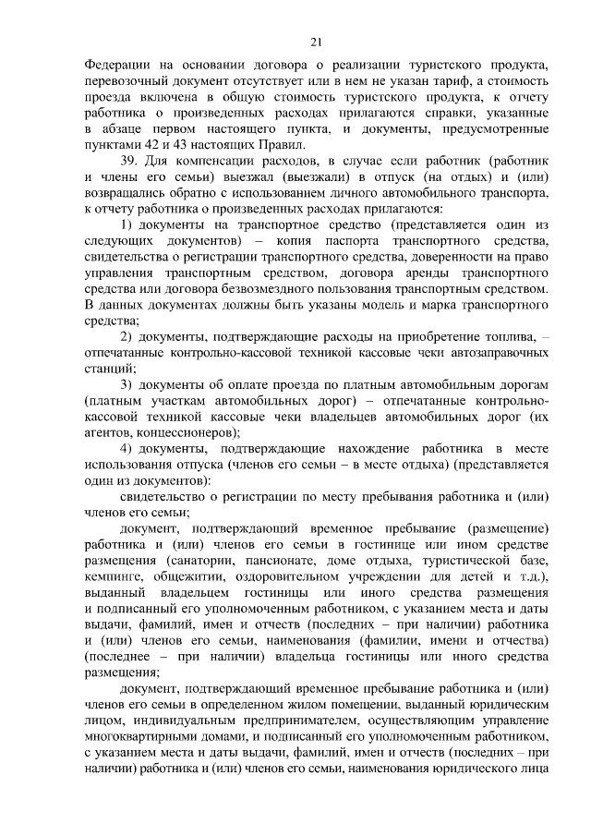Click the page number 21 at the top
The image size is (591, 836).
click(316, 42)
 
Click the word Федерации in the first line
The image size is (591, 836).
click(118, 67)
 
